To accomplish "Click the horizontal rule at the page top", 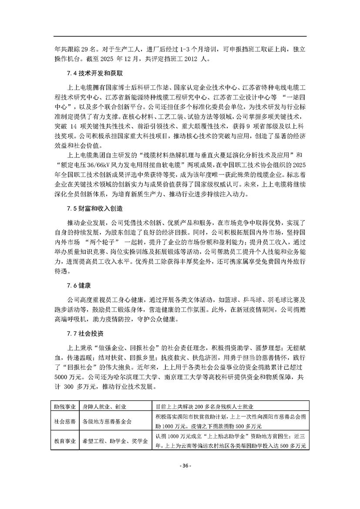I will [180, 36].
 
